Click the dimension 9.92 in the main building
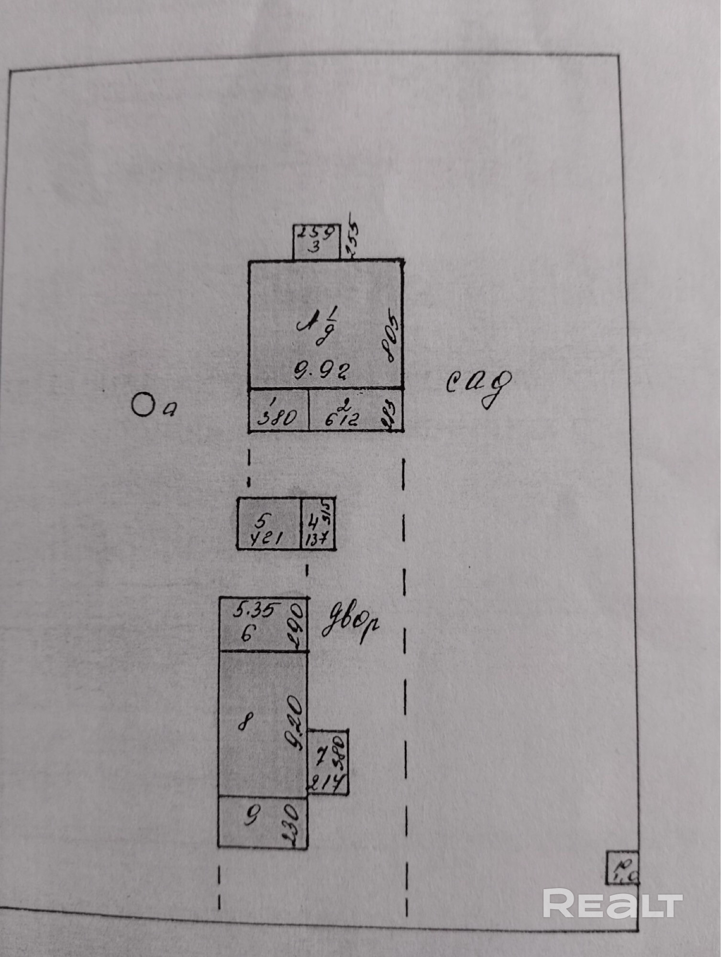click(322, 370)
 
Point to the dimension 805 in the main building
click(390, 336)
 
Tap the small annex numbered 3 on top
click(316, 242)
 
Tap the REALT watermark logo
click(613, 903)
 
